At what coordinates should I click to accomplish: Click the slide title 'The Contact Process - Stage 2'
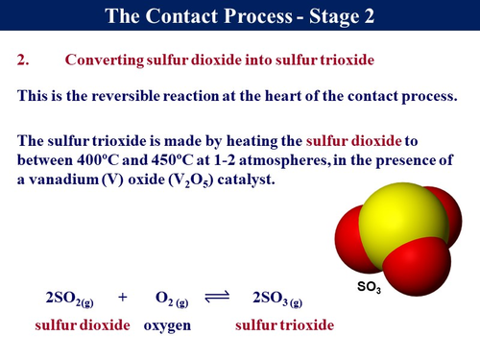pyautogui.click(x=239, y=16)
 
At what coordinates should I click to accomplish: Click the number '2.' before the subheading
pyautogui.click(x=25, y=60)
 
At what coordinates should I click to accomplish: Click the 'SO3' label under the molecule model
pyautogui.click(x=370, y=287)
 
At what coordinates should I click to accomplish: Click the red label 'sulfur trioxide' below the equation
pyautogui.click(x=285, y=325)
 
